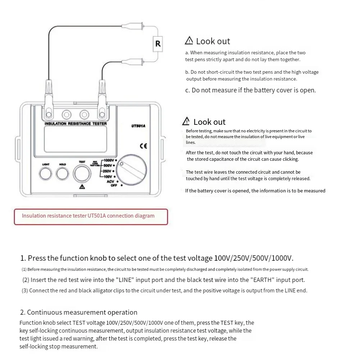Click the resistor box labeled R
click(x=158, y=44)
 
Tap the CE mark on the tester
click(x=143, y=146)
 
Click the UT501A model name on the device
click(x=138, y=126)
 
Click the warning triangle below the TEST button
click(x=82, y=187)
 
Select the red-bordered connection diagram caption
click(x=91, y=216)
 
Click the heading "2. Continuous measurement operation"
click(x=79, y=312)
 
